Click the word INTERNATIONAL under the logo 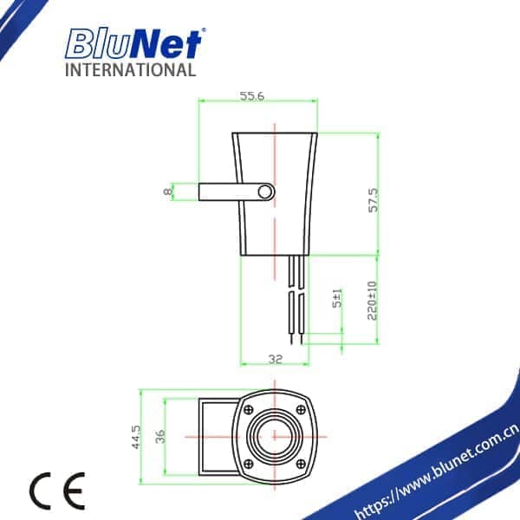coord(131,69)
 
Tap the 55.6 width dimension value coord(252,96)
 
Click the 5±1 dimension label coord(339,298)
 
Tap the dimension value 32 coord(274,357)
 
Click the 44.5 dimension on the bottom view coord(136,434)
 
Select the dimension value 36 coord(159,435)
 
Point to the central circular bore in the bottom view coord(275,435)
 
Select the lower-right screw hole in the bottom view coord(300,460)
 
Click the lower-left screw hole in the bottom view coord(249,460)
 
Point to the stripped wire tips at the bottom coord(296,337)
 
